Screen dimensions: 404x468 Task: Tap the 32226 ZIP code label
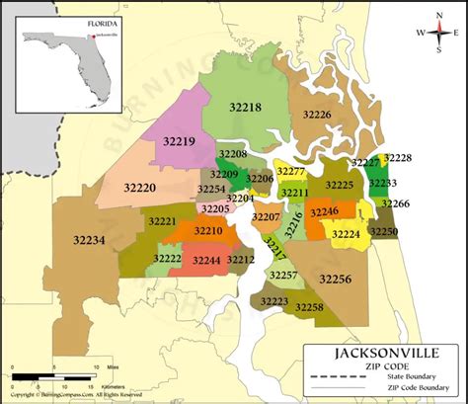(x=317, y=115)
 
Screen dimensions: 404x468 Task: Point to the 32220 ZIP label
(x=139, y=186)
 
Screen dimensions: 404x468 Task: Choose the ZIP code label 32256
(x=336, y=280)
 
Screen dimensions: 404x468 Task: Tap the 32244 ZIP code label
(x=207, y=261)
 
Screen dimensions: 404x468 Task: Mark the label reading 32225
(x=339, y=185)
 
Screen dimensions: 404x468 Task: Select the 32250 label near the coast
(x=384, y=230)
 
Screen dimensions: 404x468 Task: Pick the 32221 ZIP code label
(x=164, y=221)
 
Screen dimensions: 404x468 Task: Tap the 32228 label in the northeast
(x=398, y=158)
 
